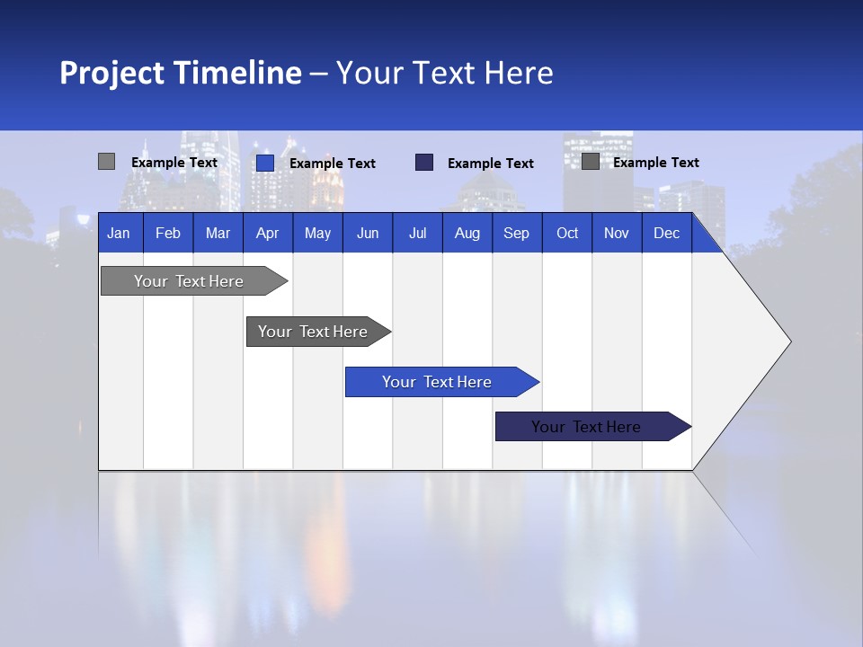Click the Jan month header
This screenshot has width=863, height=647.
click(119, 234)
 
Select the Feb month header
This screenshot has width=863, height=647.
click(168, 234)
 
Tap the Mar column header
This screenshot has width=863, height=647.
click(218, 234)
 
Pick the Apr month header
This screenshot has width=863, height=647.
click(267, 234)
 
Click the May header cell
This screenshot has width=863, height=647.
click(317, 234)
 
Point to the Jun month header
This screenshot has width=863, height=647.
click(368, 234)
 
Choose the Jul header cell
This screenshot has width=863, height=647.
click(417, 234)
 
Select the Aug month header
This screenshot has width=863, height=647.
click(467, 234)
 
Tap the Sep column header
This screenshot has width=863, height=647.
click(516, 234)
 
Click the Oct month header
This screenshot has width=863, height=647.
click(567, 234)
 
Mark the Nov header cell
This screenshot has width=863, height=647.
click(617, 234)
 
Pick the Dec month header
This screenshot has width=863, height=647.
click(667, 234)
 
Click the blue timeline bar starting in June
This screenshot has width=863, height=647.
click(437, 382)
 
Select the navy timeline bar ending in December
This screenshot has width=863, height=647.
click(586, 427)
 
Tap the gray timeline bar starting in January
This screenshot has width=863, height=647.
click(189, 281)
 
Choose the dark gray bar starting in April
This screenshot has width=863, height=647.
click(313, 332)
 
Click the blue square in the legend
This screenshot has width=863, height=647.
click(265, 163)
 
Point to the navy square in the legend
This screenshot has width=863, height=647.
click(424, 163)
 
